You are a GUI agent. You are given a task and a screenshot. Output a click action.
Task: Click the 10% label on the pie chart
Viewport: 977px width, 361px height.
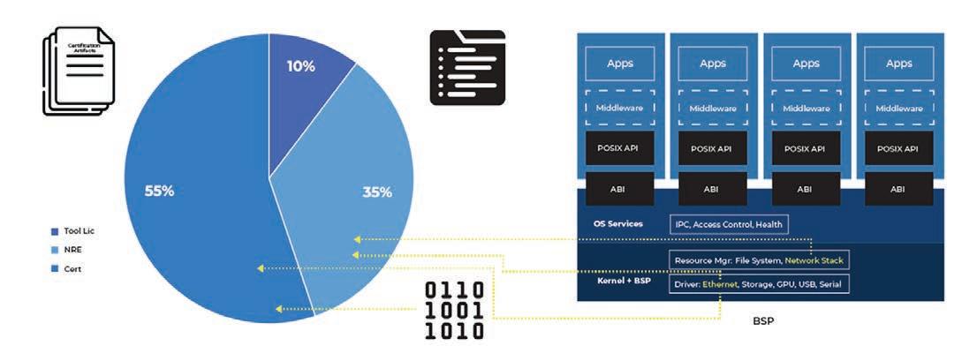tap(301, 66)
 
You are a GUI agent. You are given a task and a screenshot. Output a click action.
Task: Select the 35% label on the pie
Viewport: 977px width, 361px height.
tap(377, 192)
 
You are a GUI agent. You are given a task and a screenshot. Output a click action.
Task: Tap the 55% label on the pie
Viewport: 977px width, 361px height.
tap(159, 192)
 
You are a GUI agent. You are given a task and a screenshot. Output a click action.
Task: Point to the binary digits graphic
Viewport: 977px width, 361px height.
tap(455, 310)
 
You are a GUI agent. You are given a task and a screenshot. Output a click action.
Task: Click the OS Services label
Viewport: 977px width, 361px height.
tap(618, 224)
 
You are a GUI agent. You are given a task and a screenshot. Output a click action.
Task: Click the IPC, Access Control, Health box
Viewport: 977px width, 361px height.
tap(726, 224)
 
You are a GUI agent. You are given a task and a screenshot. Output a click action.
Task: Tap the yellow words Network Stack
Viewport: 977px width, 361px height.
tap(814, 260)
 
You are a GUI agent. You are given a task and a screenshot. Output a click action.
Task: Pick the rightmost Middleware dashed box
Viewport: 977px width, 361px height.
tap(898, 109)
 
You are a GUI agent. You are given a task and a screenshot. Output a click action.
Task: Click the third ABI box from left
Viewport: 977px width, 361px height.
tap(805, 188)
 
